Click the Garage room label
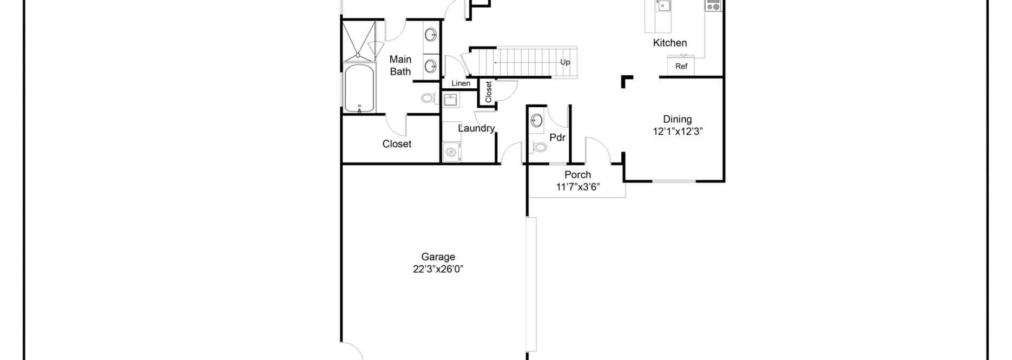tap(438, 257)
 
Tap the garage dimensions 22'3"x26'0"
tap(438, 270)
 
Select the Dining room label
tap(677, 120)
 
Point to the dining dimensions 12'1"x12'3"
tap(677, 132)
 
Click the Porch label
tap(577, 175)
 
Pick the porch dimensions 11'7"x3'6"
tap(577, 187)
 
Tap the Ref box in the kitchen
tap(681, 67)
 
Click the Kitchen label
tap(669, 43)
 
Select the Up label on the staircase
tap(565, 62)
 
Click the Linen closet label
tap(461, 83)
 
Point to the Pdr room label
tap(557, 138)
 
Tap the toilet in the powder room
tap(539, 147)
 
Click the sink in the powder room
tap(537, 120)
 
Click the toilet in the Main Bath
tap(428, 99)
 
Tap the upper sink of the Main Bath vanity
tap(431, 36)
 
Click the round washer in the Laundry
tap(450, 153)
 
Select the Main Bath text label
tap(400, 65)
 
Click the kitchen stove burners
tap(713, 6)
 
